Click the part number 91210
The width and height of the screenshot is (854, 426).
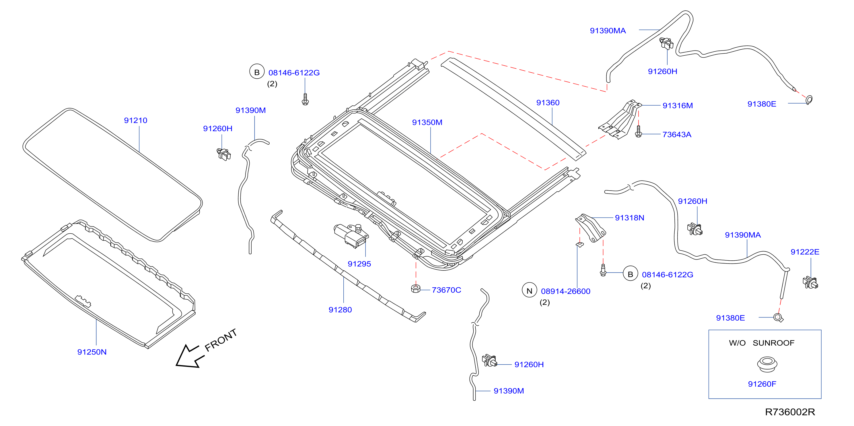coord(136,121)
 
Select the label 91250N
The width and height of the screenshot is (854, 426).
coord(92,352)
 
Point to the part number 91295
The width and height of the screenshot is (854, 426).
coord(359,264)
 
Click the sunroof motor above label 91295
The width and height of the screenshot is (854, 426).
coord(351,235)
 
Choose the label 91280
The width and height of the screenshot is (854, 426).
coord(340,309)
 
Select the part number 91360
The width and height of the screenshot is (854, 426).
coord(548,103)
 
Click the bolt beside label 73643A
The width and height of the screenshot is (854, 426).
coord(639,131)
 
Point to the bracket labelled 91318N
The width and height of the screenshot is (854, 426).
coord(591,228)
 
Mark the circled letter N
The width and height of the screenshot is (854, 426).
coord(530,291)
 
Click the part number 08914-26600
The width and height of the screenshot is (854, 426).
coord(566,291)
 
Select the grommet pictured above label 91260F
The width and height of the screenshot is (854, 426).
coord(767,364)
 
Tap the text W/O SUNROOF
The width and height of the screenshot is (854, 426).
coord(762,343)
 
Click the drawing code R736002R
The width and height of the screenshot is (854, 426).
coord(790,412)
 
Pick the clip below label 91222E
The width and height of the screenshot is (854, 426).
coord(811,283)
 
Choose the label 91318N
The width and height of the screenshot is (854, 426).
coord(630,218)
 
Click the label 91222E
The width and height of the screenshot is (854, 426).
coord(805,252)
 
